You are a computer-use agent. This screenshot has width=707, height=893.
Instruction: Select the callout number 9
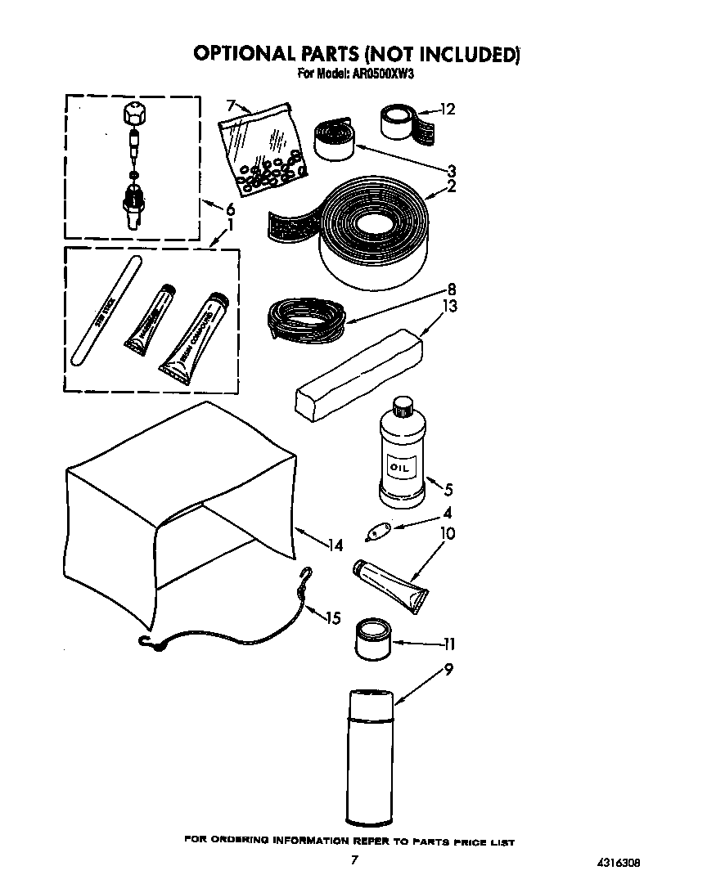448,670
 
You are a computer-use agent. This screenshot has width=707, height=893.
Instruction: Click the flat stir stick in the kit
107,308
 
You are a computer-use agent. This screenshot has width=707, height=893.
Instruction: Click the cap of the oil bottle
402,406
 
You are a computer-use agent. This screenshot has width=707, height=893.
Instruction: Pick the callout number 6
230,209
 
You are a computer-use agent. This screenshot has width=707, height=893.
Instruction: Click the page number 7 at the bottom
353,859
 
